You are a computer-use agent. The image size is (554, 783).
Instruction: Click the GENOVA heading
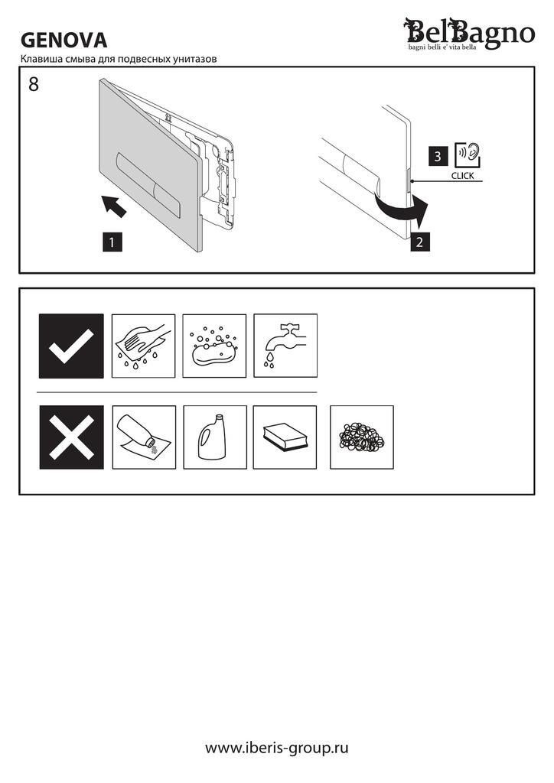point(64,40)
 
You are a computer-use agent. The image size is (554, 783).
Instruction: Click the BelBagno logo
point(469,34)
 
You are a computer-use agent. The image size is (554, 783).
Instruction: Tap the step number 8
point(34,84)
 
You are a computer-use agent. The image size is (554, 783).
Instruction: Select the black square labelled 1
point(112,242)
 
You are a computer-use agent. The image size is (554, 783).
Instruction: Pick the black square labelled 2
point(419,242)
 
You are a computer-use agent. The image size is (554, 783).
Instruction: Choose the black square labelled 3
point(438,156)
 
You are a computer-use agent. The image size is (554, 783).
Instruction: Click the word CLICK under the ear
point(463,176)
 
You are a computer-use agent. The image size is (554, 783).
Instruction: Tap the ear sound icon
point(468,155)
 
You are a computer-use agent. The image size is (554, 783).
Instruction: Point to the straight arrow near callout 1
point(113,206)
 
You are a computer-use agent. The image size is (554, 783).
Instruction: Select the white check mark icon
point(71,346)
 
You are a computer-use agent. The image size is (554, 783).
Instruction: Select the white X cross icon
point(71,437)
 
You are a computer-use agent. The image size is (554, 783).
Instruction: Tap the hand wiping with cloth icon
point(143,346)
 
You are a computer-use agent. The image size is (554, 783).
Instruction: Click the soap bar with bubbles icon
point(214,346)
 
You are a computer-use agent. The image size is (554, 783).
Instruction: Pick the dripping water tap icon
point(285,346)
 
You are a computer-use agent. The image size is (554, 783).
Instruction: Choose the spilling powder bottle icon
point(144,437)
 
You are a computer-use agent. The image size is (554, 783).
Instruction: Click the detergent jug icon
point(215,437)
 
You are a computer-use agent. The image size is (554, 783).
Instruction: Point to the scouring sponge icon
point(285,437)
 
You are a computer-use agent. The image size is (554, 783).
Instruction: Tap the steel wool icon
point(362,437)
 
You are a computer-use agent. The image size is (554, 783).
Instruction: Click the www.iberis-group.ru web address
point(277,748)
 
